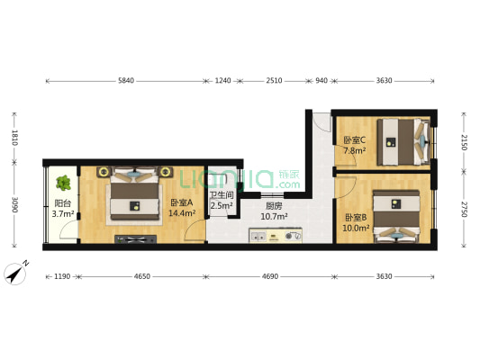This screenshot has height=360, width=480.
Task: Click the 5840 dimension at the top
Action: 126,81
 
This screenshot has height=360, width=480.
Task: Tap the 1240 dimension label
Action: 222,81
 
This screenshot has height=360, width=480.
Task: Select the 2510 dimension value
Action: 274,81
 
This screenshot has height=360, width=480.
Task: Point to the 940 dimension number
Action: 322,81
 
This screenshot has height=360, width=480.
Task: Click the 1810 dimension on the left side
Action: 14,138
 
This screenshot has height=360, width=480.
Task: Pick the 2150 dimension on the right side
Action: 464,142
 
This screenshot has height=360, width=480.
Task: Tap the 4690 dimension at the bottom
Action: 270,276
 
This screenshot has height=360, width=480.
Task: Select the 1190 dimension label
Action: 62,276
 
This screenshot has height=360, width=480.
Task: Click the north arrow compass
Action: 15,273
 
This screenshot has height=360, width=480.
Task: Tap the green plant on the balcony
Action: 63,183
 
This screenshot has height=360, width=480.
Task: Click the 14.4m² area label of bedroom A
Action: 182,213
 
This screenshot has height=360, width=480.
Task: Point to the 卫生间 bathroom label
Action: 222,195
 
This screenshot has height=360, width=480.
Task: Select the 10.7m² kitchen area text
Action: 274,217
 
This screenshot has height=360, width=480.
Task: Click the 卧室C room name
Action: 355,140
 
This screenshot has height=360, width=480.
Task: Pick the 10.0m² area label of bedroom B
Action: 356,228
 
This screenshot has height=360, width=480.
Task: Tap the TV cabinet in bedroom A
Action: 136,239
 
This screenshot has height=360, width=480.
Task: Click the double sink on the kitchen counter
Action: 258,236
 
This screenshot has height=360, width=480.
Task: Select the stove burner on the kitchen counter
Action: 289,236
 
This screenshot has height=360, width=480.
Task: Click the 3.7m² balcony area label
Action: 63,214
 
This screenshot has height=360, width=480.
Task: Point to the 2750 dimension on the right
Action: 464,210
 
